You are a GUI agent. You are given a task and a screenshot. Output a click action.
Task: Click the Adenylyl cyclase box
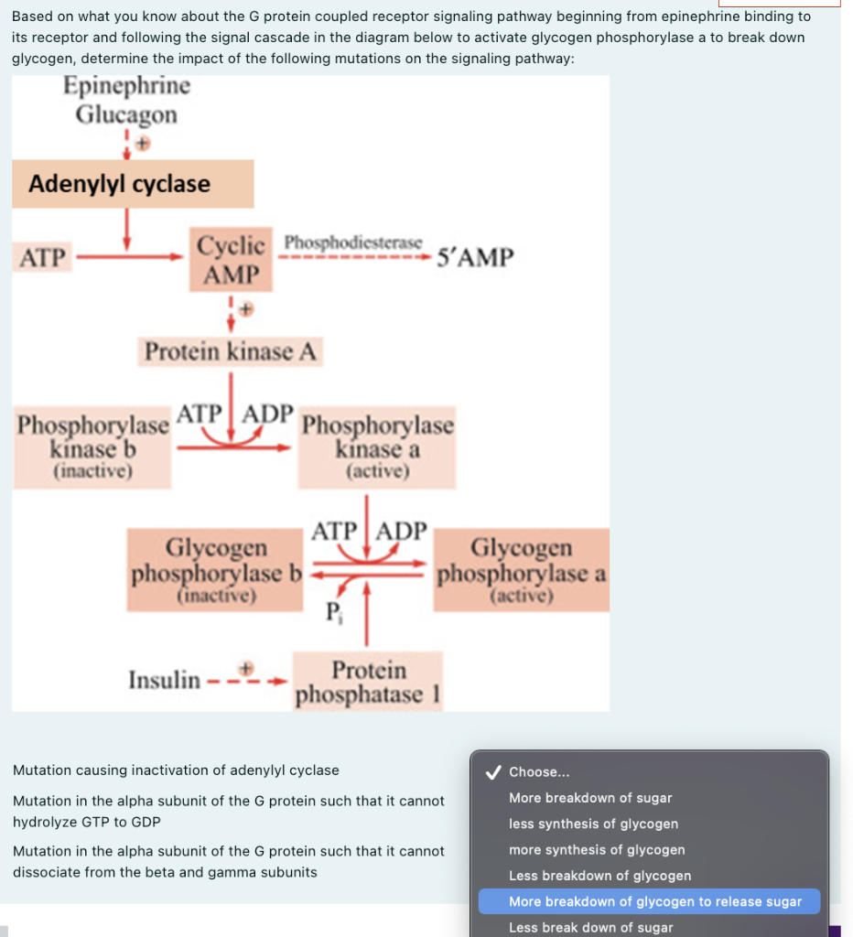(132, 184)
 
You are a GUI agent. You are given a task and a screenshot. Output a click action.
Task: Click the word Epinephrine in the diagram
(127, 87)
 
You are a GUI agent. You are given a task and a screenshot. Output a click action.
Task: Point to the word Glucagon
(126, 115)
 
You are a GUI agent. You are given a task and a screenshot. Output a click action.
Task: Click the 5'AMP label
(475, 258)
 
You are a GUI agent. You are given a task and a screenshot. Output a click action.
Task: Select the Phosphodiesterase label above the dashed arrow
(353, 243)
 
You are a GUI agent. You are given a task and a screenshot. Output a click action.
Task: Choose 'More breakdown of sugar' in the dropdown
(590, 798)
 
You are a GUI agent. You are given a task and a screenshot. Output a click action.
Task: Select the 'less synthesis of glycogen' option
(593, 824)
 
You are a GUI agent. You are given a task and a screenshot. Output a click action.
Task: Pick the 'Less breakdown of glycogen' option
(599, 876)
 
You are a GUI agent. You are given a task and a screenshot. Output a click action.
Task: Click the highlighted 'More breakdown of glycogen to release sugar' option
(654, 901)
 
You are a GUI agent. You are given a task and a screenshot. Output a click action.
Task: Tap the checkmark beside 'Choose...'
(492, 772)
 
